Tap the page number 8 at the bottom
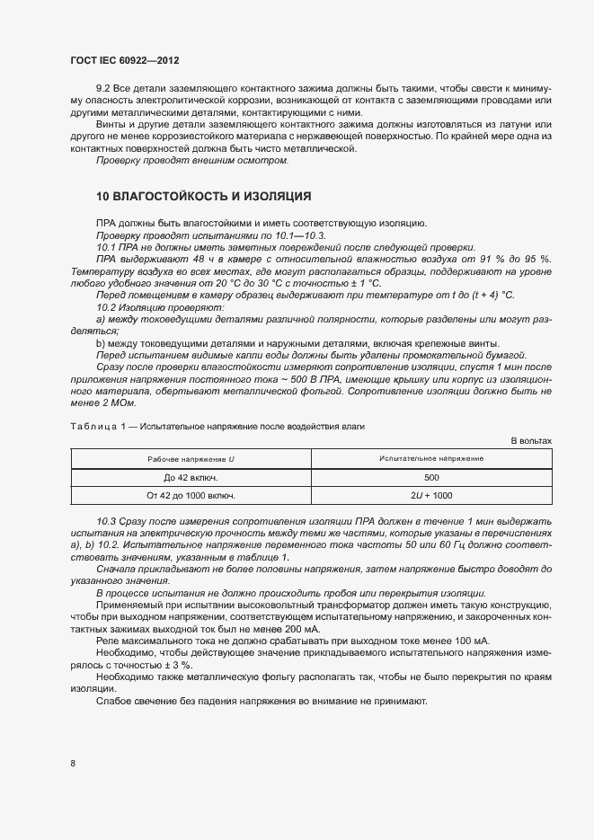click(x=73, y=763)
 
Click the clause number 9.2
click(x=104, y=90)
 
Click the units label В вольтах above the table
click(x=531, y=440)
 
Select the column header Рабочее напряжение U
click(x=191, y=459)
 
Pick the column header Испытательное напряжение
click(x=431, y=459)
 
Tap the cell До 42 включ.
click(x=191, y=477)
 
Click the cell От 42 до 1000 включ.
click(x=191, y=495)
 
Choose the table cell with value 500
click(x=431, y=477)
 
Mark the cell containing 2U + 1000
click(x=431, y=495)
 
